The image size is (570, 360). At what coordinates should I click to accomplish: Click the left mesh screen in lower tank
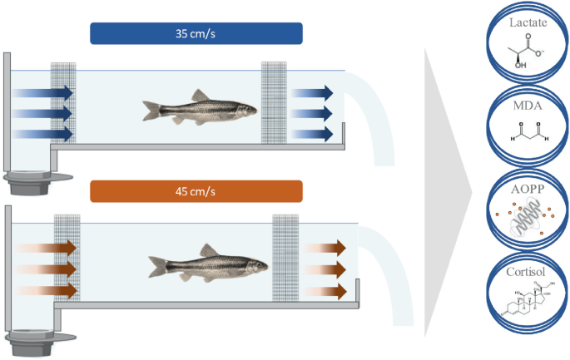66,259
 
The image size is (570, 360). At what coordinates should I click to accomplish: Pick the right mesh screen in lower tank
285,259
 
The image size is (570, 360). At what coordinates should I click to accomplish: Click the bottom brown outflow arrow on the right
325,291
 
